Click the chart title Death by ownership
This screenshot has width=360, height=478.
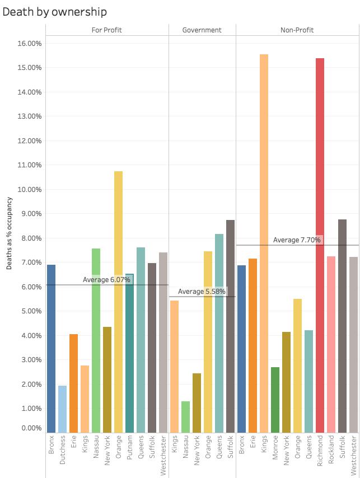tap(54, 12)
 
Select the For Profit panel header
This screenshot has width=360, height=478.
tap(106, 30)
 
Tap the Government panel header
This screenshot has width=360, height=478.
tap(202, 30)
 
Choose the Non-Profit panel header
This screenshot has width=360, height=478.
tap(297, 30)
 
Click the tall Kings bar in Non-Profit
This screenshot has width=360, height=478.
tap(264, 243)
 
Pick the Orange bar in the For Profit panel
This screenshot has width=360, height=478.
tap(118, 302)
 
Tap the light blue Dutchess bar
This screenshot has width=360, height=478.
tap(62, 409)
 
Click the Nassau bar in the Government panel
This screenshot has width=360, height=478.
tap(185, 416)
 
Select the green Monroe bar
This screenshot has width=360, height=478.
tap(275, 400)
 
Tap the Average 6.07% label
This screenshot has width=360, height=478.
tap(106, 279)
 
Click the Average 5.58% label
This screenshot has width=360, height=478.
tap(202, 292)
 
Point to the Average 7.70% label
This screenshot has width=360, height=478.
tap(297, 240)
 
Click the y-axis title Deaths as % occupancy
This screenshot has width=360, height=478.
tap(10, 233)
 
